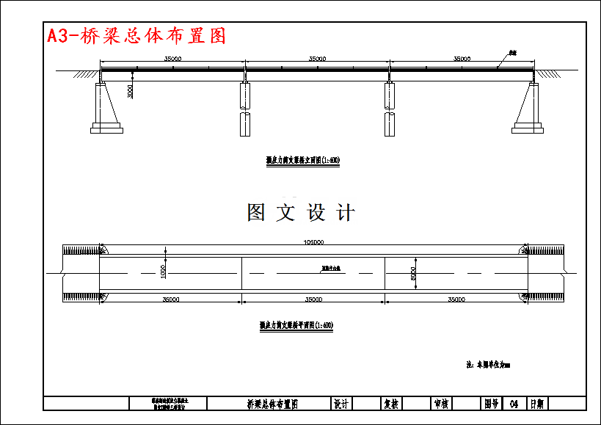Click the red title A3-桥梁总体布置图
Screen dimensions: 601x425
136,35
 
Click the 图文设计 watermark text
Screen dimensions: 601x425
301,213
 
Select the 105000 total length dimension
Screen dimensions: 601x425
313,242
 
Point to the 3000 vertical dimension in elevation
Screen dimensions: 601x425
130,91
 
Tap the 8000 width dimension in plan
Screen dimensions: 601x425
413,273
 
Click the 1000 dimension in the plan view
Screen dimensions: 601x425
164,270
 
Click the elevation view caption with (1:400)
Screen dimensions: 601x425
302,159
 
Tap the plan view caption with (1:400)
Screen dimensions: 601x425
296,324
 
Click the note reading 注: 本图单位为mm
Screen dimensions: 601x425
487,363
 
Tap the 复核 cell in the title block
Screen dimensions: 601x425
391,404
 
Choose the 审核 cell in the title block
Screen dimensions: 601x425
442,404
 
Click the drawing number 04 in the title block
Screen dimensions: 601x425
514,404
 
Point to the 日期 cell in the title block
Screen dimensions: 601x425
537,404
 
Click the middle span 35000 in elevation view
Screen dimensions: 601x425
317,58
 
